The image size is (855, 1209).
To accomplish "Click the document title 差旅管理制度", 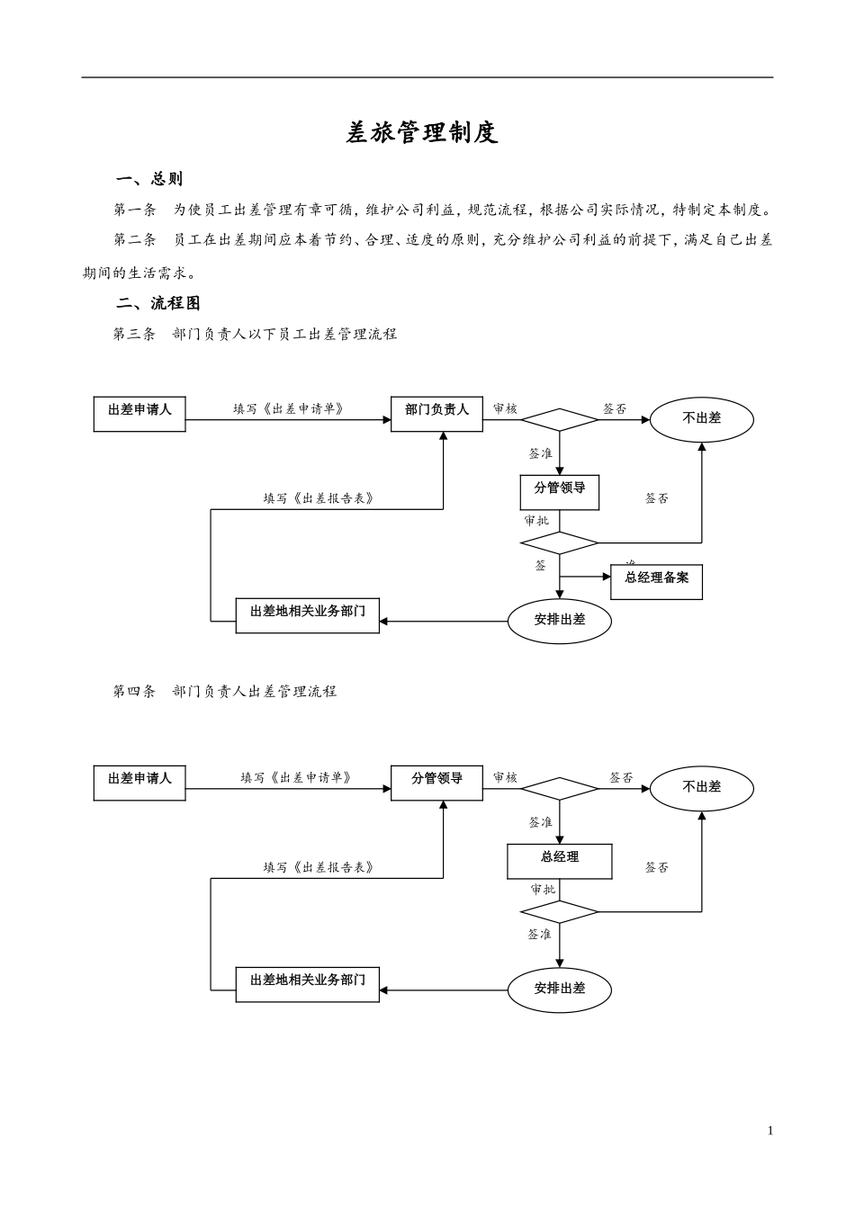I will point(422,133).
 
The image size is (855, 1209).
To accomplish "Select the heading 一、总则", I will point(149,179).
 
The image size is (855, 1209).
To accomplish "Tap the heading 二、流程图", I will point(158,303).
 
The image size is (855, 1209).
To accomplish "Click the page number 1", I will point(769,1131).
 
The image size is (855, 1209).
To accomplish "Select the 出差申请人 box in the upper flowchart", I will point(139,414).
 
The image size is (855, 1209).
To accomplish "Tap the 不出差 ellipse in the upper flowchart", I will point(701,419).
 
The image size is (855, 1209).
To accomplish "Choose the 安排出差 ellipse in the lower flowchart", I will point(559,990).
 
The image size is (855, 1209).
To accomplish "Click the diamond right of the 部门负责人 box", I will point(559,420).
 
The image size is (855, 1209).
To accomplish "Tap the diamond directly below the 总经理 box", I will point(559,912).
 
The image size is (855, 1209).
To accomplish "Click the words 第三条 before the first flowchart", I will point(135,334).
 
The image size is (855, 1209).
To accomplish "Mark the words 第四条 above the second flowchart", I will point(135,691).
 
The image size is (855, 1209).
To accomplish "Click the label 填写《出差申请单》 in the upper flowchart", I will point(288,409).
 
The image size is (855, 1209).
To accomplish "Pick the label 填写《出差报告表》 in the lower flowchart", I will point(318,867).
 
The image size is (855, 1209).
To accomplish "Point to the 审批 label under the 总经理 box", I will point(543,889).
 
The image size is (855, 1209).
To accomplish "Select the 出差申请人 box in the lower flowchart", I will point(139,783).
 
